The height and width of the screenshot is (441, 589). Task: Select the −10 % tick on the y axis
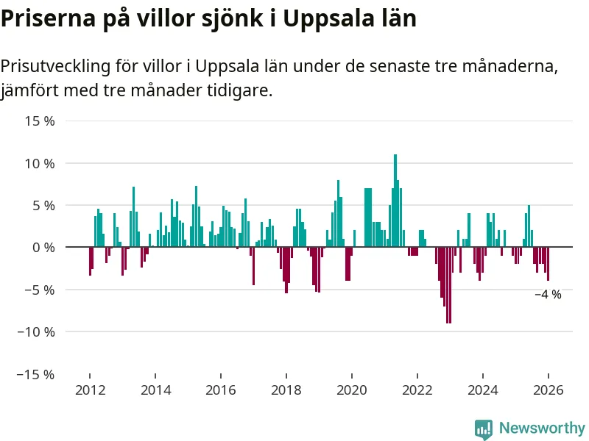point(35,332)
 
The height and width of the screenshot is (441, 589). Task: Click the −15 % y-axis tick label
point(35,375)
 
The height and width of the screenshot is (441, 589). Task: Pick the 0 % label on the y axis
point(43,248)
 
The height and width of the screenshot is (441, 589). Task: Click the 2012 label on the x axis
point(90,390)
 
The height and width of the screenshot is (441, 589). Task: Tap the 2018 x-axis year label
point(286,390)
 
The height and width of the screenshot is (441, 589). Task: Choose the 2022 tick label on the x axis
point(417,390)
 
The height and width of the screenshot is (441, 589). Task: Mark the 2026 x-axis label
point(549,390)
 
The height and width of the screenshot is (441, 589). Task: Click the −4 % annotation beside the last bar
point(548,295)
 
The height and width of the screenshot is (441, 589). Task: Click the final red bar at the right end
point(548,264)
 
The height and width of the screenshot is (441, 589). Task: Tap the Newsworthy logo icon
point(484,429)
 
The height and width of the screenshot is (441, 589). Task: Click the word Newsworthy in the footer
point(542,428)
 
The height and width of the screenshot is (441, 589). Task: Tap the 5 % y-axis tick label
point(43,205)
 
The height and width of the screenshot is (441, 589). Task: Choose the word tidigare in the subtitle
point(240,92)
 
